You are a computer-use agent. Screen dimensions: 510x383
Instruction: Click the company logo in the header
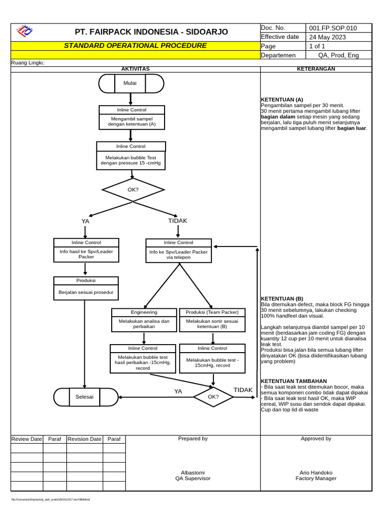click(24, 31)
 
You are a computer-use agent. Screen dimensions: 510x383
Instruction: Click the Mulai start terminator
click(131, 83)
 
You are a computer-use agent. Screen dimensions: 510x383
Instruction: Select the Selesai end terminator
click(86, 397)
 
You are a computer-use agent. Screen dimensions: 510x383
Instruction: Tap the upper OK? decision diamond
click(133, 190)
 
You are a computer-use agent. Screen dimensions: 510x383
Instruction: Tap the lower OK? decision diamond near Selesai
click(213, 397)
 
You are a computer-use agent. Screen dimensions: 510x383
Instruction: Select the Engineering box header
click(144, 312)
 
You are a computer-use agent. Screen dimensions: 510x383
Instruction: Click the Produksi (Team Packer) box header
click(212, 312)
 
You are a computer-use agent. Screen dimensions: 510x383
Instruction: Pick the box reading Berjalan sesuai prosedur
click(86, 292)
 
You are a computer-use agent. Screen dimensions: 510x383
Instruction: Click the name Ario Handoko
click(316, 473)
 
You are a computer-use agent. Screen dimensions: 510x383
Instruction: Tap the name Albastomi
click(192, 473)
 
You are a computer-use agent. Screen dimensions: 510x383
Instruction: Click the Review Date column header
click(27, 439)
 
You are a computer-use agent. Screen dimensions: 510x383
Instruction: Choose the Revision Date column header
click(84, 439)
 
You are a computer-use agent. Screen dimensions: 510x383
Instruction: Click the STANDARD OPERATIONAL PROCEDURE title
click(135, 46)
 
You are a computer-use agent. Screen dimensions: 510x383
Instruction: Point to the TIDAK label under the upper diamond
click(178, 221)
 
